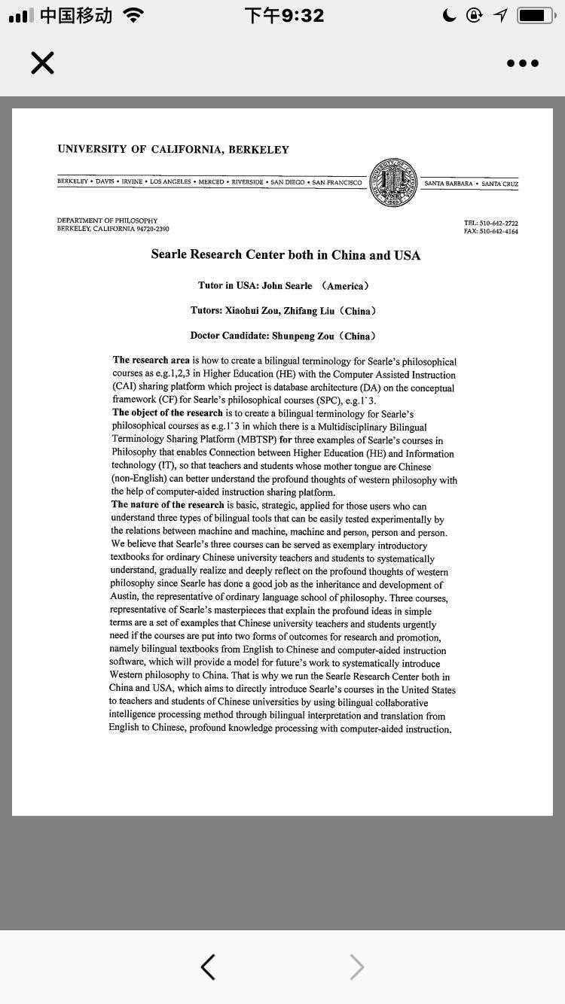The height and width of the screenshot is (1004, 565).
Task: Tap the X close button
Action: pos(43,63)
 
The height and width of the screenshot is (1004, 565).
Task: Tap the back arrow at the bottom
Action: pos(209,967)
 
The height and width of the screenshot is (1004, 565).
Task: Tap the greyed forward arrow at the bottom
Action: pos(357,967)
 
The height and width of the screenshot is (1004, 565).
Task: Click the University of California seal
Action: pos(393,183)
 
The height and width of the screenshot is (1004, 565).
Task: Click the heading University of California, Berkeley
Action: pos(173,149)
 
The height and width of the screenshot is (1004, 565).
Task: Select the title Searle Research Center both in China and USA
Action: pos(286,254)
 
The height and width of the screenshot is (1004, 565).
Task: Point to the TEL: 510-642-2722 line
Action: pos(490,223)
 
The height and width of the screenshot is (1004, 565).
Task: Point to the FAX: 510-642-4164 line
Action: pos(490,231)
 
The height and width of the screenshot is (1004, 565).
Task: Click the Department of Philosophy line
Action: pos(108,221)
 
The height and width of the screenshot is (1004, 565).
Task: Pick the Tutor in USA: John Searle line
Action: pos(283,286)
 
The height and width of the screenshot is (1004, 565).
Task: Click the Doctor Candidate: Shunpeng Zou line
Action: pos(282,336)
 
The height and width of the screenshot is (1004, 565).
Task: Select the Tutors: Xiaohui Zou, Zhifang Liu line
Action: pos(283,311)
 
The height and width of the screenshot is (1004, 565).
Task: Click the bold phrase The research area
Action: pos(151,361)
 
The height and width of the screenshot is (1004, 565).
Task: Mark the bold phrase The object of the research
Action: pos(167,412)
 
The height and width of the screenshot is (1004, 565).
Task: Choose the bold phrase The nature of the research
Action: pos(167,504)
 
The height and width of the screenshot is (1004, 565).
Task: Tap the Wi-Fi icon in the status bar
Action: pos(134,15)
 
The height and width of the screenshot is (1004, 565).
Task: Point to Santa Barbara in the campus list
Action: pos(448,184)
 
